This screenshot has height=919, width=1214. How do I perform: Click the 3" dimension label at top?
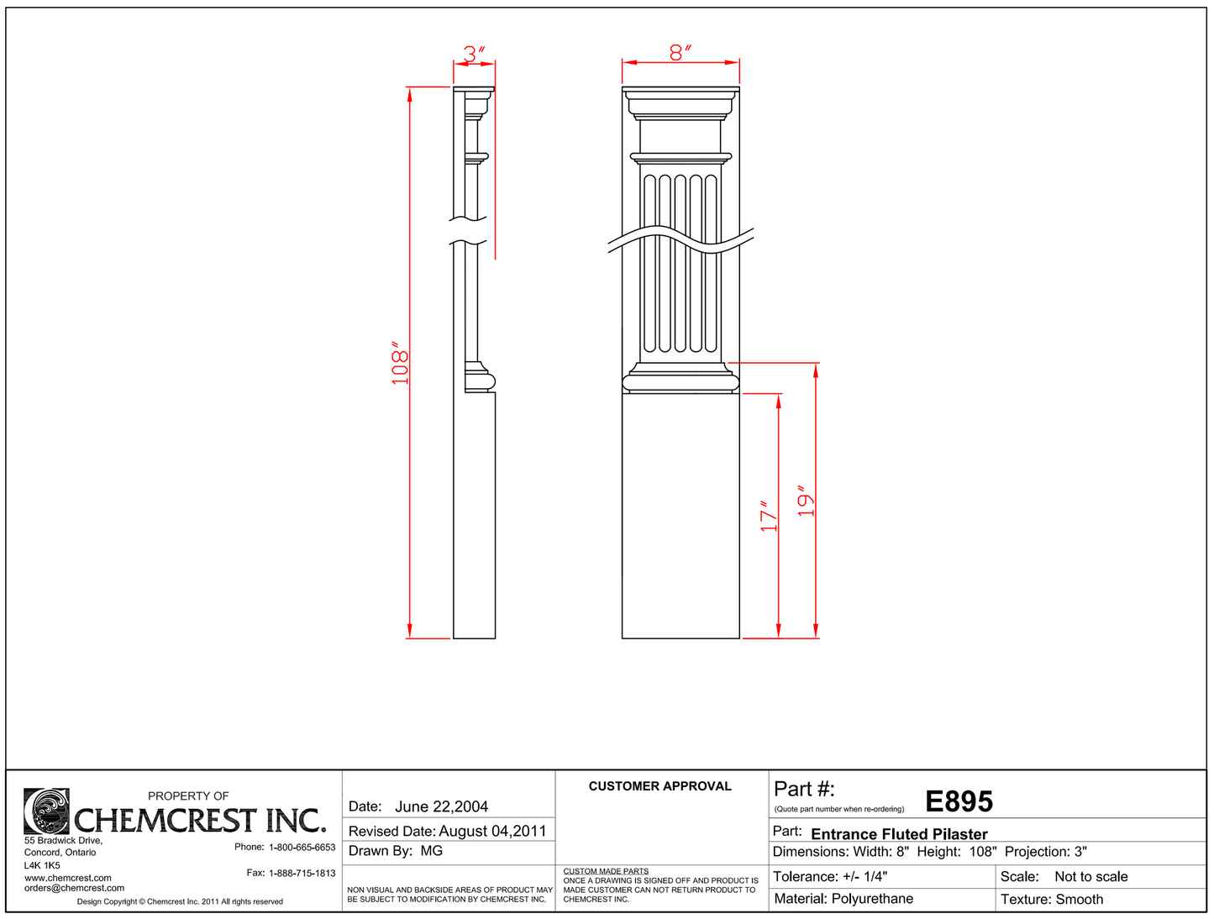tap(475, 54)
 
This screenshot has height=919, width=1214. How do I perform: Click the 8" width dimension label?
tap(681, 52)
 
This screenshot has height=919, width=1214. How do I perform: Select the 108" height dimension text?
tap(400, 363)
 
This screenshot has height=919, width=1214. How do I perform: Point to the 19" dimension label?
tap(806, 501)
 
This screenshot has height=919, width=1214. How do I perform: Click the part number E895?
tap(959, 802)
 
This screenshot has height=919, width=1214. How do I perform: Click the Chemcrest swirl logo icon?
tap(46, 811)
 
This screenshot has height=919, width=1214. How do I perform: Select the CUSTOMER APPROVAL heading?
tap(660, 786)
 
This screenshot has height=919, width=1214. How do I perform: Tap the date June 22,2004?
tap(441, 806)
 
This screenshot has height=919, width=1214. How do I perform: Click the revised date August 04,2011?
tap(492, 831)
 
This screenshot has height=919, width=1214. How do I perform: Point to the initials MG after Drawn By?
tap(432, 851)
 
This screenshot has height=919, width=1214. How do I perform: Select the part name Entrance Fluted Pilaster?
tap(899, 834)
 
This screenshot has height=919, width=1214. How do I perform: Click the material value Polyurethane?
tap(872, 899)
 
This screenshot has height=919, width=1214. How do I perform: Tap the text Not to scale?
tap(1090, 876)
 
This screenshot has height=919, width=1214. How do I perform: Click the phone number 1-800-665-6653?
tap(302, 847)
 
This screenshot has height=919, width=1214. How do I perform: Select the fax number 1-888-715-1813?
tap(302, 873)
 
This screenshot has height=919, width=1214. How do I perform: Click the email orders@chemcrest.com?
tap(74, 888)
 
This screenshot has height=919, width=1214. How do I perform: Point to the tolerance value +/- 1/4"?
tap(865, 876)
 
